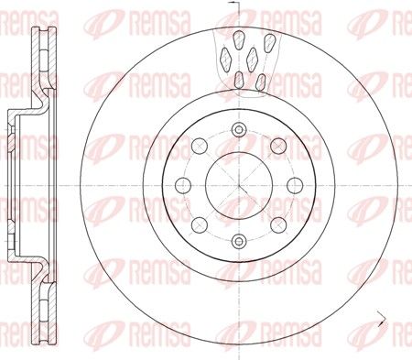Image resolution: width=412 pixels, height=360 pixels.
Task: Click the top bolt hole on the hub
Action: (238, 130)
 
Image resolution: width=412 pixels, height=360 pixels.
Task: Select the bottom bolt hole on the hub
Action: (239, 241)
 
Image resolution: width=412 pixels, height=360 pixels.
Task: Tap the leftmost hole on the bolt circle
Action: (183, 186)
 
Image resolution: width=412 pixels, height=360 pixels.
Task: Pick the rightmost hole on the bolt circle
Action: (295, 186)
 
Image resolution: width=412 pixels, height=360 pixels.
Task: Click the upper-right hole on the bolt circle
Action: (278, 146)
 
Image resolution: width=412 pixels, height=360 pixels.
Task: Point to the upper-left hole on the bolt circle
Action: (200, 146)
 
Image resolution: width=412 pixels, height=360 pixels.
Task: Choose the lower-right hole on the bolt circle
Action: (278, 225)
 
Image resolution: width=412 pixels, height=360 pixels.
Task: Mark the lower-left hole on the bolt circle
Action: (200, 225)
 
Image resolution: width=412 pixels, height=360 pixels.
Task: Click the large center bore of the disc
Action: (239, 186)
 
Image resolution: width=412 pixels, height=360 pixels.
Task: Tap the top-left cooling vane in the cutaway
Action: (239, 39)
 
